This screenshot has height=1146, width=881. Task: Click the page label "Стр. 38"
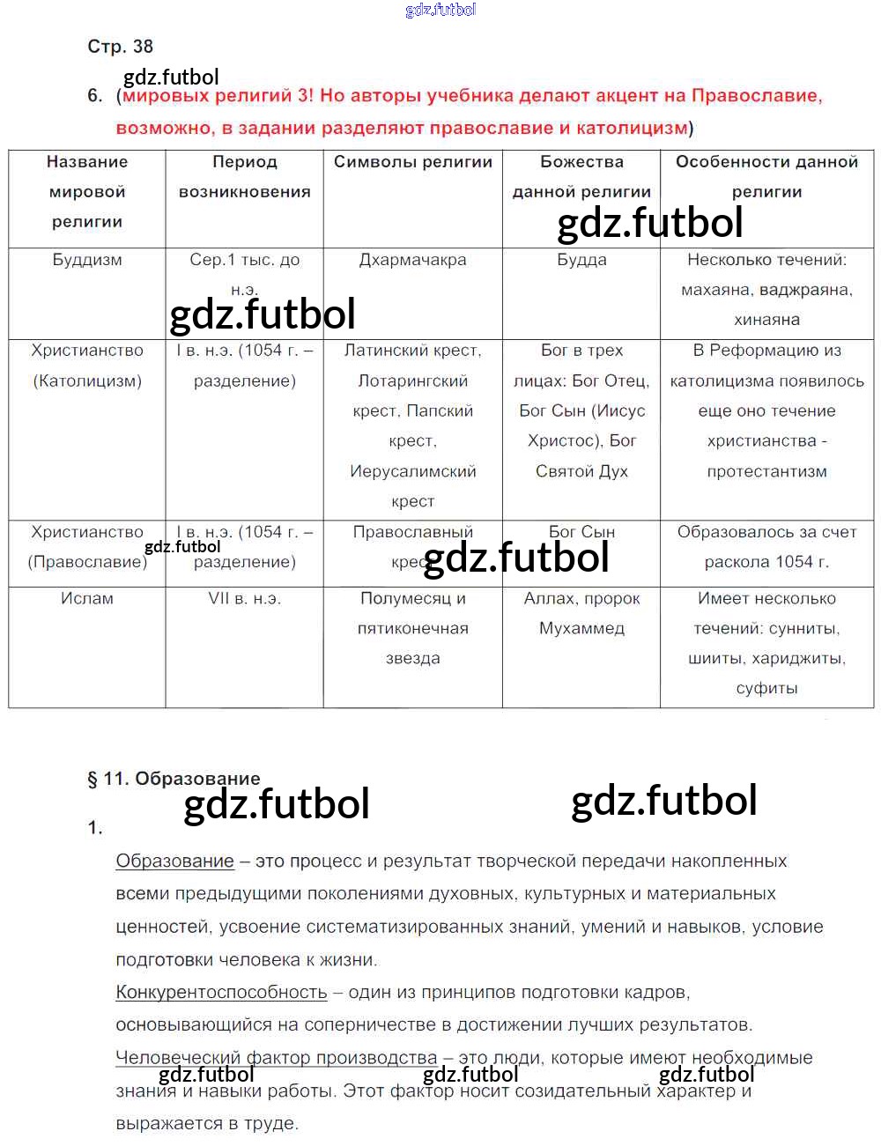pyautogui.click(x=120, y=47)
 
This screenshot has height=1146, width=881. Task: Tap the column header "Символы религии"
pyautogui.click(x=412, y=162)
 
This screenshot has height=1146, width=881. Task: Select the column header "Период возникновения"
pyautogui.click(x=244, y=176)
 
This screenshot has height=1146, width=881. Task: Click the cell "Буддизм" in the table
pyautogui.click(x=87, y=260)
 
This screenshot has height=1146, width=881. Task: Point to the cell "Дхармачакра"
pyautogui.click(x=412, y=260)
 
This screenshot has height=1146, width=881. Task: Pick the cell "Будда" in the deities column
pyautogui.click(x=581, y=260)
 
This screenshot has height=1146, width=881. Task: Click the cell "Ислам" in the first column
pyautogui.click(x=87, y=598)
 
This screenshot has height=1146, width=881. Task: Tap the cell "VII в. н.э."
pyautogui.click(x=244, y=598)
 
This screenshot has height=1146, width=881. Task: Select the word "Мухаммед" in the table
pyautogui.click(x=581, y=628)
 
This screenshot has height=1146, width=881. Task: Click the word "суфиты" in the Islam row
pyautogui.click(x=766, y=688)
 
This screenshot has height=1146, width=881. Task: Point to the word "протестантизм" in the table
pyautogui.click(x=766, y=471)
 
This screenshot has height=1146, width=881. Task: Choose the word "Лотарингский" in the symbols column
pyautogui.click(x=412, y=381)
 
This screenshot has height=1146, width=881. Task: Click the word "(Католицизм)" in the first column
pyautogui.click(x=87, y=381)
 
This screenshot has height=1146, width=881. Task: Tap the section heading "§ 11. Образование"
pyautogui.click(x=174, y=779)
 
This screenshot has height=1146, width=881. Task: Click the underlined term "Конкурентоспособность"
pyautogui.click(x=221, y=992)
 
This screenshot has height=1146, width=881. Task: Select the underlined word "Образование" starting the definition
pyautogui.click(x=174, y=861)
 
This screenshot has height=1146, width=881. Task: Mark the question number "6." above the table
pyautogui.click(x=95, y=95)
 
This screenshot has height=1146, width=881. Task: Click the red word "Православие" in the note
pyautogui.click(x=756, y=95)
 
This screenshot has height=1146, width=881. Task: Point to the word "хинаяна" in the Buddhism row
pyautogui.click(x=766, y=320)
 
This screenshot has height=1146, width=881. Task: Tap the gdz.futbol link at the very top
pyautogui.click(x=440, y=10)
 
